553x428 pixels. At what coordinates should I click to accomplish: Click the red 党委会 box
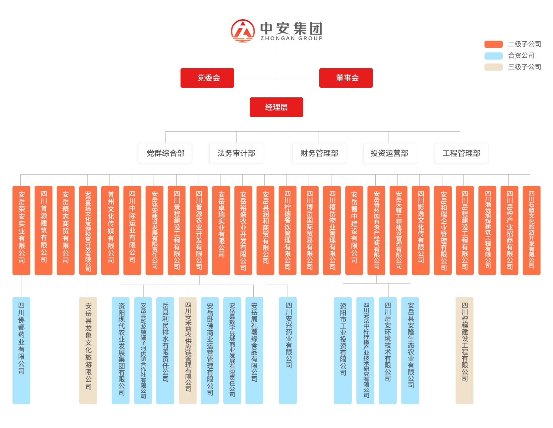click(207, 78)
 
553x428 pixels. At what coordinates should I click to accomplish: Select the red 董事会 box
click(346, 78)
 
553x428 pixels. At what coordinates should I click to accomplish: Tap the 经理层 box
click(276, 107)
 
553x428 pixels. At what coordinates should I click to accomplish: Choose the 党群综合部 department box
click(165, 153)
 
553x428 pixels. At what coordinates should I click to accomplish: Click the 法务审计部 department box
click(236, 153)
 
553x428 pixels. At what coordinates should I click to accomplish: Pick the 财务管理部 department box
click(319, 153)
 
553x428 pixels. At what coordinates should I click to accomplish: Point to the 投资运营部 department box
click(390, 153)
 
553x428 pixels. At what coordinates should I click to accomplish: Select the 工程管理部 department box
click(461, 153)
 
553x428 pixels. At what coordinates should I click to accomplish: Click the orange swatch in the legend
click(493, 44)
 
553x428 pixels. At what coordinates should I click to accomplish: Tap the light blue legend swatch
click(493, 56)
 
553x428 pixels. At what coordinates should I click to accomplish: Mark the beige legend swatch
click(493, 67)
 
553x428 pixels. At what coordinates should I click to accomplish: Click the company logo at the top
click(276, 31)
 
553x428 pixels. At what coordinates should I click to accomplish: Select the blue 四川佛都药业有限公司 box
click(21, 350)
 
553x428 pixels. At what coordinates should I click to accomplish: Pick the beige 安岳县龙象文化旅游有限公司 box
click(88, 350)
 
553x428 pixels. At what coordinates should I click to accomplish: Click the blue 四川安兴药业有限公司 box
click(288, 350)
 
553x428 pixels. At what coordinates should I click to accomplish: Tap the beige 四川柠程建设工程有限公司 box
click(464, 350)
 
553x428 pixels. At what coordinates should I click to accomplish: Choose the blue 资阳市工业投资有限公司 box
click(343, 350)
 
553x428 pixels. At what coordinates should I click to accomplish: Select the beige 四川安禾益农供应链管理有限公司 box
click(188, 350)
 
